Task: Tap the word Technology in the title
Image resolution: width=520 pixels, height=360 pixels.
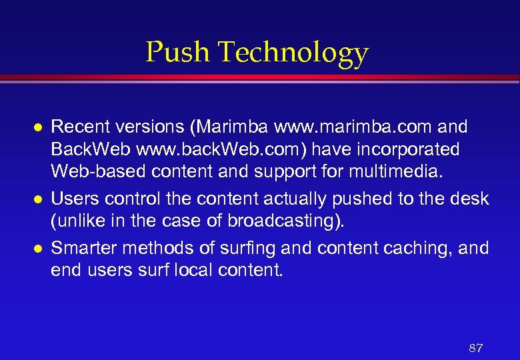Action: click(293, 53)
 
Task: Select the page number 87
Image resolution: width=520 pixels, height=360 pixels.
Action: click(475, 348)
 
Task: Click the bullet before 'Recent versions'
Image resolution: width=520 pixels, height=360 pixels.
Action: click(39, 127)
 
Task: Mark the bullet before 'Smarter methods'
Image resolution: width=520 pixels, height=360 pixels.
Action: click(39, 249)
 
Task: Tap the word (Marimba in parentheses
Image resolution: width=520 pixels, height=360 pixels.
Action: click(221, 127)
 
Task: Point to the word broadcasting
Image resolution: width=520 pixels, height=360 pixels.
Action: click(293, 221)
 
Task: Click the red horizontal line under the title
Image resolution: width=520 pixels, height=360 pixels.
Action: click(260, 78)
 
